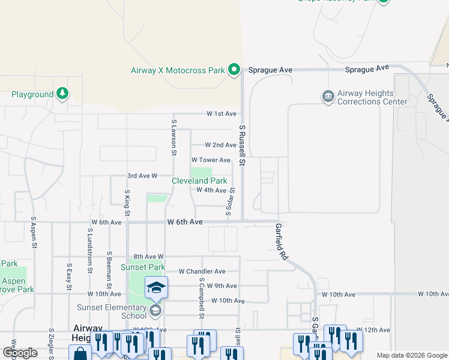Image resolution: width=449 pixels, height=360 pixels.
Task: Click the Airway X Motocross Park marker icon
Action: [234, 71]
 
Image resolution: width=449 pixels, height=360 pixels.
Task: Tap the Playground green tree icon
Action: [62, 94]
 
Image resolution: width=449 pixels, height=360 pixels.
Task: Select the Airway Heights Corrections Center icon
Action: [328, 97]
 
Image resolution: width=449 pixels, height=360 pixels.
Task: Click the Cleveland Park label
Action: [199, 181]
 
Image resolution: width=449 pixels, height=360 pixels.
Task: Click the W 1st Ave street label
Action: [221, 113]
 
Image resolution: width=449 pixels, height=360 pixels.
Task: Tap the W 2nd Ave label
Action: [220, 145]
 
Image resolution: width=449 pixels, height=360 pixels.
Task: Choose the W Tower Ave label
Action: [211, 160]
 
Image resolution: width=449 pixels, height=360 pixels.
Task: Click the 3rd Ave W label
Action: [142, 176]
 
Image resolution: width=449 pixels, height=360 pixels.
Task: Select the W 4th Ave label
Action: [211, 190]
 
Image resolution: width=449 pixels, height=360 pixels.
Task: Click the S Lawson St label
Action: [173, 137]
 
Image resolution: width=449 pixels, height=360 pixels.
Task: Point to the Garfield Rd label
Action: [280, 242]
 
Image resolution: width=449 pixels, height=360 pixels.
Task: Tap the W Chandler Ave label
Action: [202, 272]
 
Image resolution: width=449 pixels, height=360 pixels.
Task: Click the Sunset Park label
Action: [143, 267]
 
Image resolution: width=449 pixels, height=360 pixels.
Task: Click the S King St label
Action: [127, 205]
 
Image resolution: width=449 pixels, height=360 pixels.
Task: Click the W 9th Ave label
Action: [221, 286]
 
